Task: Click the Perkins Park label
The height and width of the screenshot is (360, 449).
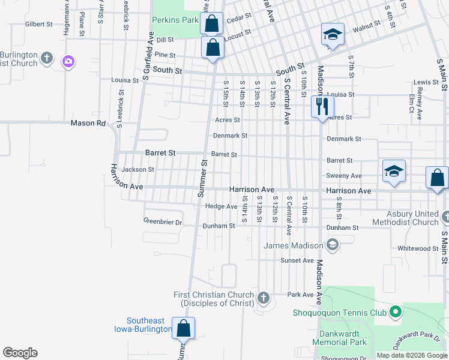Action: (x=175, y=20)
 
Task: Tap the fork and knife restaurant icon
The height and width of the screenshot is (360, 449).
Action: (x=322, y=107)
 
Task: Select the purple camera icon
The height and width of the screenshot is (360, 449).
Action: (x=68, y=61)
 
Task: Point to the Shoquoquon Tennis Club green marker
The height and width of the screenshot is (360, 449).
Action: (x=395, y=312)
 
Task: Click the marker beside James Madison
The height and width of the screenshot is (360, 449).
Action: (x=333, y=245)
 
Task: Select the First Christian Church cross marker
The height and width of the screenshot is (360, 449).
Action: (x=262, y=298)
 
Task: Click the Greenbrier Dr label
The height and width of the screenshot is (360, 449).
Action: (x=163, y=221)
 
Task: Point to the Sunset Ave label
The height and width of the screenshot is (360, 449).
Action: (x=297, y=260)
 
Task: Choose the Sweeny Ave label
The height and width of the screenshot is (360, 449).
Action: (x=344, y=176)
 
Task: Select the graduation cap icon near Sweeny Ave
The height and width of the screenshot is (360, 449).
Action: (x=394, y=172)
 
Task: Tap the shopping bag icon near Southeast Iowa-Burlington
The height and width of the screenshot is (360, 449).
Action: (x=183, y=328)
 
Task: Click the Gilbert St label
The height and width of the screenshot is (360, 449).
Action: (x=39, y=25)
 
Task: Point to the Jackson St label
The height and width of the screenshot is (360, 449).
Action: (x=138, y=170)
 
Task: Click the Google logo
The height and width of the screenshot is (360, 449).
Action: (x=20, y=353)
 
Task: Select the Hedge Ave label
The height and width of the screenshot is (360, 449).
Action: (x=221, y=206)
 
